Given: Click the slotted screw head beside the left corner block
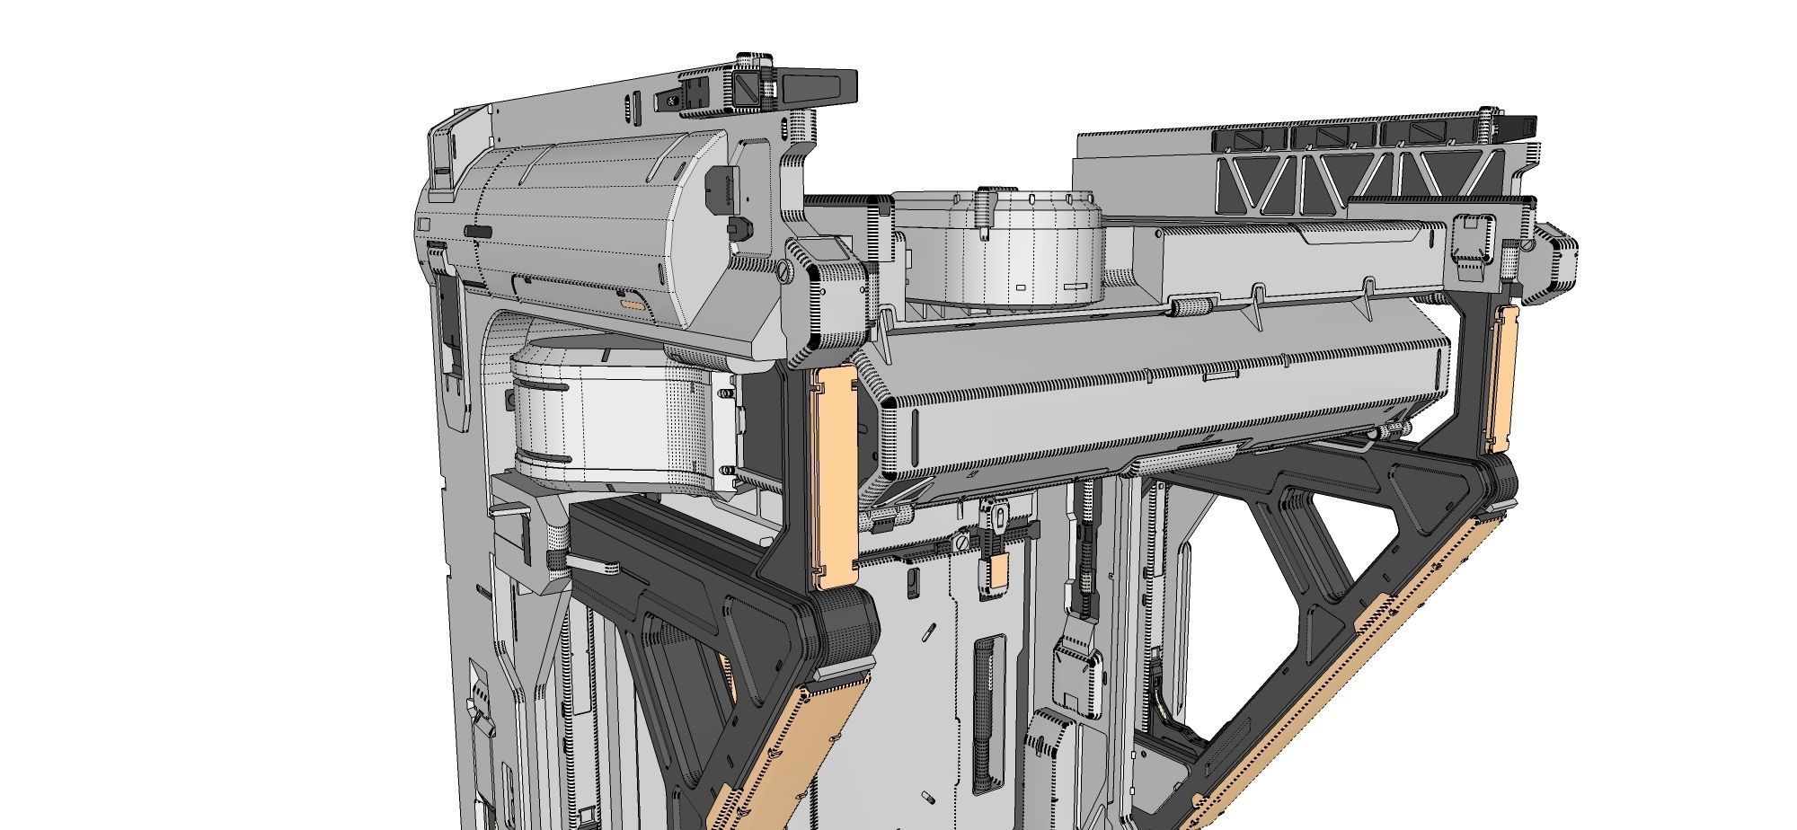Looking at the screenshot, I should coord(783,269).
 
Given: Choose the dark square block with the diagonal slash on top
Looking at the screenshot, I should coord(749,88).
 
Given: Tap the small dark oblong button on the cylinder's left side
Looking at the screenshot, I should coord(478,232).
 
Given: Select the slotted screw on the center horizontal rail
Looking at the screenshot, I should coord(961,543).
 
